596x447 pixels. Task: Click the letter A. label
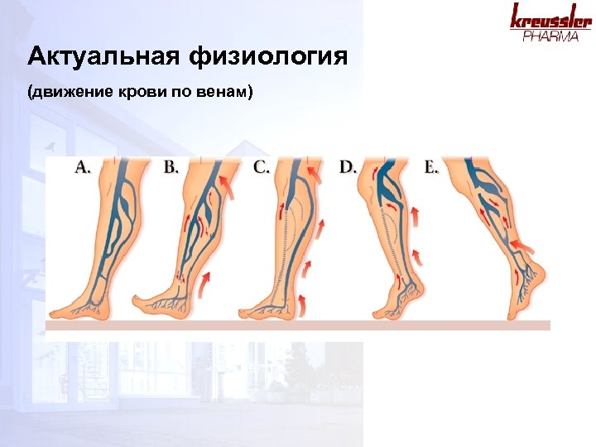[84, 166]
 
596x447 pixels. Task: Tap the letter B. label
[171, 166]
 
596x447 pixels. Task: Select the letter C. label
[262, 166]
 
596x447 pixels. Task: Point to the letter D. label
[348, 166]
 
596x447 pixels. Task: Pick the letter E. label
[431, 166]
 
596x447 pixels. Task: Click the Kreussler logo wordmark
[550, 18]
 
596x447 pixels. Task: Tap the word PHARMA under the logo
[550, 36]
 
